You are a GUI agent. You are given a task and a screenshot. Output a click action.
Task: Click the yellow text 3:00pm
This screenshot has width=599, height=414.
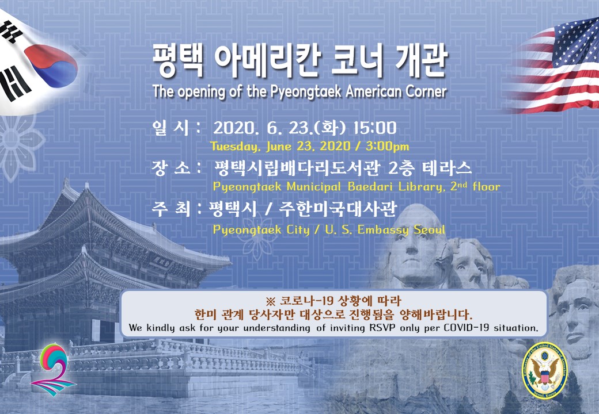(387, 147)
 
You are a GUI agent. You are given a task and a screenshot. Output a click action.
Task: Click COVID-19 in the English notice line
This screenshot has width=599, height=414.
(467, 328)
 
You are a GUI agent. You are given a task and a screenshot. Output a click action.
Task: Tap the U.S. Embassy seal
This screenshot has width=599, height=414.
(545, 370)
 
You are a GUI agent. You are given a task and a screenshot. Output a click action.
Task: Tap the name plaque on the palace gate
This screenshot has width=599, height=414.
(162, 262)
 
